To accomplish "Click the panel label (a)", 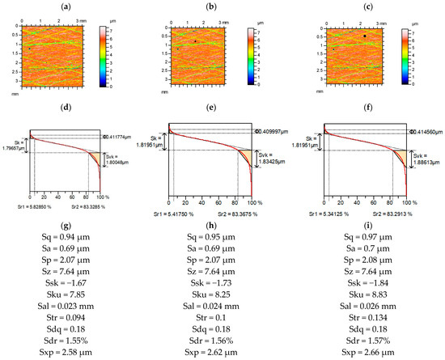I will coord(63,6).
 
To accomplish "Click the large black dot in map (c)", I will coord(366,36).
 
